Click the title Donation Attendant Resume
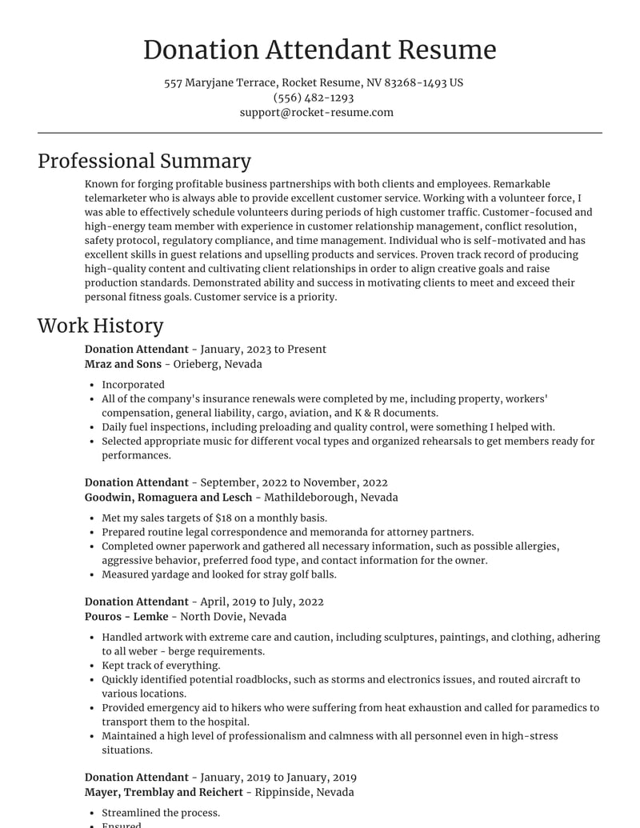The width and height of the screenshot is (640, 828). (319, 50)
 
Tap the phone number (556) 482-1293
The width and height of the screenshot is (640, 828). (314, 98)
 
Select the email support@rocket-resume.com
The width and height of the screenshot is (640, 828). (317, 112)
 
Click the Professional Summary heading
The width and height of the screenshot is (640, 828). (144, 161)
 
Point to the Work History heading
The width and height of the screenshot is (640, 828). (100, 326)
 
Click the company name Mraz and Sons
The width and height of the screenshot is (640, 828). (122, 364)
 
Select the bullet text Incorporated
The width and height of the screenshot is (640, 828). (133, 385)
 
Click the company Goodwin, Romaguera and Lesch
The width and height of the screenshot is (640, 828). (168, 497)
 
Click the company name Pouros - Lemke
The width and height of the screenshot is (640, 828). (126, 616)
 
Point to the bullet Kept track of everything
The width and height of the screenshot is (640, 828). (161, 666)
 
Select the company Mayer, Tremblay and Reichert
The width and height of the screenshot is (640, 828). (164, 792)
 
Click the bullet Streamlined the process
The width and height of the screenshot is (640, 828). (161, 813)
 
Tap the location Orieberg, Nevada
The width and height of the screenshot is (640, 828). (218, 364)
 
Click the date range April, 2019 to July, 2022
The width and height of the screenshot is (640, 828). (262, 602)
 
